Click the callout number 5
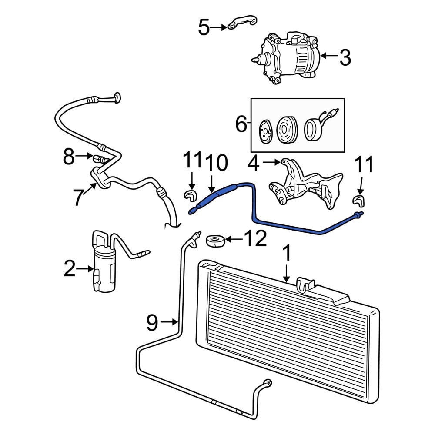pyautogui.click(x=204, y=27)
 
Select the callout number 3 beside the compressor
pyautogui.click(x=345, y=57)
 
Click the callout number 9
pyautogui.click(x=152, y=322)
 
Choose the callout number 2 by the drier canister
pyautogui.click(x=69, y=268)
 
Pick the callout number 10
pyautogui.click(x=216, y=163)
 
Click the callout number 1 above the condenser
pyautogui.click(x=288, y=252)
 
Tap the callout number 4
pyautogui.click(x=253, y=164)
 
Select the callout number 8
pyautogui.click(x=69, y=157)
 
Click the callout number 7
pyautogui.click(x=78, y=197)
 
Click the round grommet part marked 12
pyautogui.click(x=215, y=241)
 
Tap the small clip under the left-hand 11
pyautogui.click(x=190, y=195)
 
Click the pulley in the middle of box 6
pyautogui.click(x=288, y=130)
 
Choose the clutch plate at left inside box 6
pyautogui.click(x=265, y=131)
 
